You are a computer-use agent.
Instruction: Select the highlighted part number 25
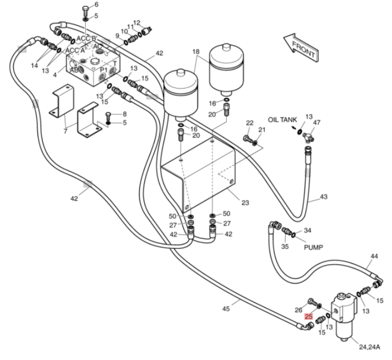(x=308, y=317)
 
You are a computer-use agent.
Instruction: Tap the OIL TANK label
(x=282, y=120)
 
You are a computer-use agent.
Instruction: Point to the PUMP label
(x=313, y=247)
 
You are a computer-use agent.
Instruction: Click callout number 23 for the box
(x=245, y=203)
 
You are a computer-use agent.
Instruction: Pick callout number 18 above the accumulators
(x=196, y=52)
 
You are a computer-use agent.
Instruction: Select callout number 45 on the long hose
(x=226, y=309)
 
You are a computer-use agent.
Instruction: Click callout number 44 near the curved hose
(x=374, y=256)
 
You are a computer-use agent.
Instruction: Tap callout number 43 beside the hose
(x=324, y=197)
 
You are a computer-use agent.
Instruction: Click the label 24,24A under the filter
(x=369, y=347)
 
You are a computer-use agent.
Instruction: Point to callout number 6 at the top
(x=96, y=4)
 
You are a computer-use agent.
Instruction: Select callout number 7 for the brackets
(x=66, y=131)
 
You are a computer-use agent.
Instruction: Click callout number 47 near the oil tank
(x=317, y=123)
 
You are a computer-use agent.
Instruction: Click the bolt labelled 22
(x=248, y=139)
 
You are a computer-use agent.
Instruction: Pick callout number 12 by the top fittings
(x=137, y=23)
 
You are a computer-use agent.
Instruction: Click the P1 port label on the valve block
(x=104, y=70)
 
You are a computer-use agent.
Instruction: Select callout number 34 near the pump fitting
(x=308, y=230)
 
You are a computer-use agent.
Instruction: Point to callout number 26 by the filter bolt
(x=298, y=310)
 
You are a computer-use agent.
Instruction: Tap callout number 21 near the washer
(x=262, y=129)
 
